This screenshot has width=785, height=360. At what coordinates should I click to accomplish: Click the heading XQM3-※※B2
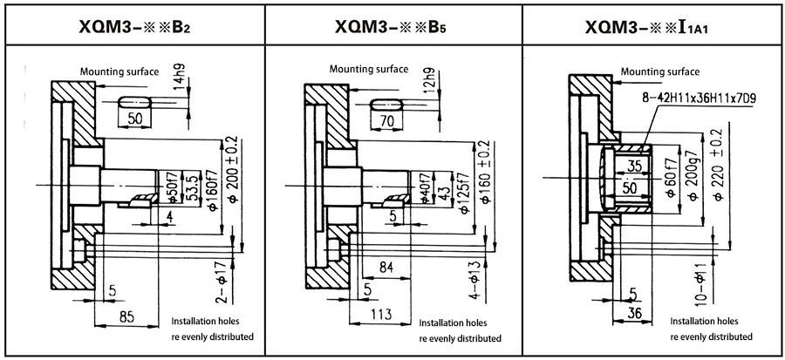(132, 26)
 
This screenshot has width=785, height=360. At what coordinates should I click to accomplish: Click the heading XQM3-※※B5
(391, 26)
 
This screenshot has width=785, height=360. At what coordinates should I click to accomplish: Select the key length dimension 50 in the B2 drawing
(135, 118)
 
